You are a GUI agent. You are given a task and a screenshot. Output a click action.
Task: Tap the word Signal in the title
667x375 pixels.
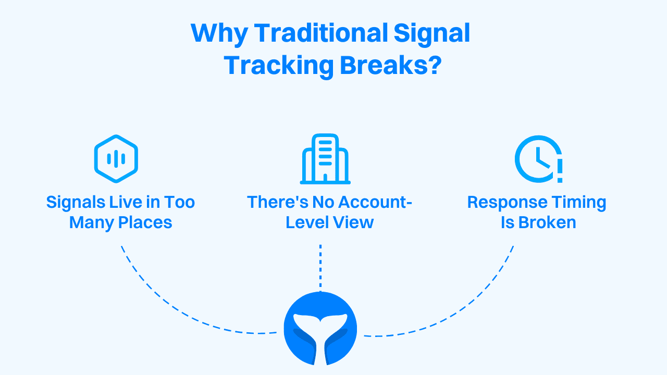tap(431, 34)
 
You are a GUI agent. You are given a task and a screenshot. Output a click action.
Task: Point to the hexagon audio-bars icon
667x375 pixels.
tap(116, 159)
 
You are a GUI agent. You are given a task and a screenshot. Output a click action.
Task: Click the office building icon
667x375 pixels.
tap(325, 159)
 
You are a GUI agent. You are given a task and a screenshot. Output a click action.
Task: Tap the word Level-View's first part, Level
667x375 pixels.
tap(306, 222)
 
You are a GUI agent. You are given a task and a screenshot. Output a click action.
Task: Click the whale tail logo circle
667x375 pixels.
tap(320, 329)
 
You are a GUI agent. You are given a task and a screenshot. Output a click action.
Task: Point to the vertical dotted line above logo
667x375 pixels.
tap(320, 266)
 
